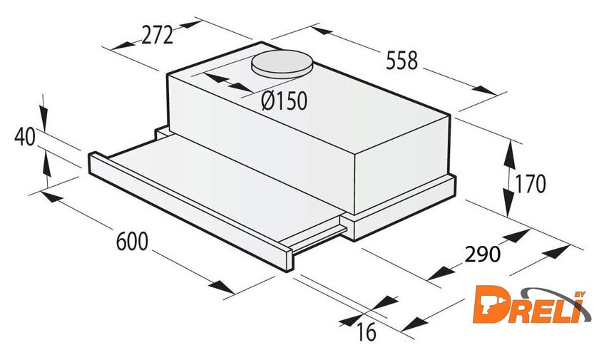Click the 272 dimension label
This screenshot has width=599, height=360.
(158, 36)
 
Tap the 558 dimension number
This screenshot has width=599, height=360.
(402, 61)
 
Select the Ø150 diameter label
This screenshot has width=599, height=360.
(285, 101)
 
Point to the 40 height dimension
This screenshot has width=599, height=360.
(25, 137)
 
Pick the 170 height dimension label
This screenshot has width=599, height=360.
(531, 184)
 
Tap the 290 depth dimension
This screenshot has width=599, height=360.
(483, 254)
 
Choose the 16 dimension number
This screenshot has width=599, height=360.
(366, 331)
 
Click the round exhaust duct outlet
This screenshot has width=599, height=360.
(282, 63)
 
